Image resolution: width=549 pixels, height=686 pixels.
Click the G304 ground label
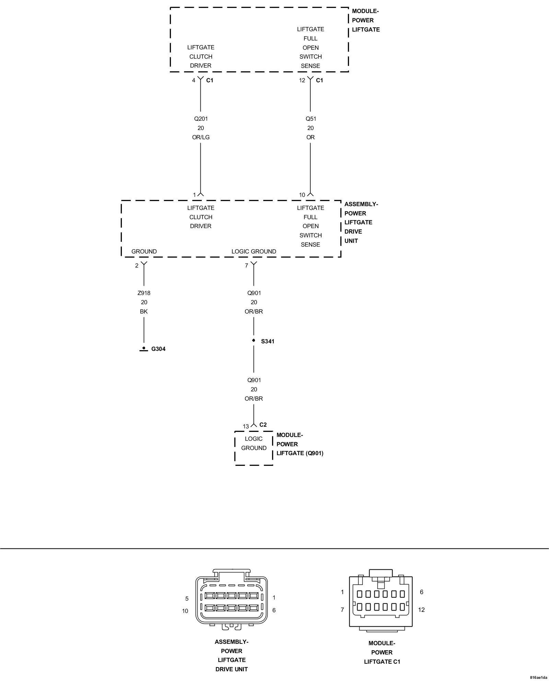click(x=158, y=349)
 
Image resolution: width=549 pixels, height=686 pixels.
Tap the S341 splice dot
click(x=254, y=340)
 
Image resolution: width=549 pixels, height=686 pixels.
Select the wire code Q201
click(x=201, y=119)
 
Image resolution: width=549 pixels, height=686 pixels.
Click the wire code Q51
click(x=311, y=119)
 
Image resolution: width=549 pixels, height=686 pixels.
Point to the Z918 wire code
click(x=144, y=293)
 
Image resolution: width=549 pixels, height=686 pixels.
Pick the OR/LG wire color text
click(x=201, y=137)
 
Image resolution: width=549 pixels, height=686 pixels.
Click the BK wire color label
click(x=144, y=311)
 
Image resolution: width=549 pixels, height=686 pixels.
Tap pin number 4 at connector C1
click(x=194, y=80)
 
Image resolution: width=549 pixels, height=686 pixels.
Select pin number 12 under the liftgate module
click(x=302, y=80)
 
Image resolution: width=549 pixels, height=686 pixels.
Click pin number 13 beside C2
click(x=246, y=426)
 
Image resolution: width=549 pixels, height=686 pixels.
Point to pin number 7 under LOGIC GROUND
click(x=246, y=265)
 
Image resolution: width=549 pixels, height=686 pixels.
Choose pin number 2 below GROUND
click(x=137, y=265)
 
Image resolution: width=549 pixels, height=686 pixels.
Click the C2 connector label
click(x=263, y=425)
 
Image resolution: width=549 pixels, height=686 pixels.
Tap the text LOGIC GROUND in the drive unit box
click(x=254, y=251)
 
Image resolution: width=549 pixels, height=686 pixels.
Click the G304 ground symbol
click(x=144, y=349)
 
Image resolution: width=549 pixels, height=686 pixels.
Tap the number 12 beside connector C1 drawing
click(x=421, y=610)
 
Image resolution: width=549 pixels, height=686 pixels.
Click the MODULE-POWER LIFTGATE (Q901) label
click(x=300, y=444)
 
